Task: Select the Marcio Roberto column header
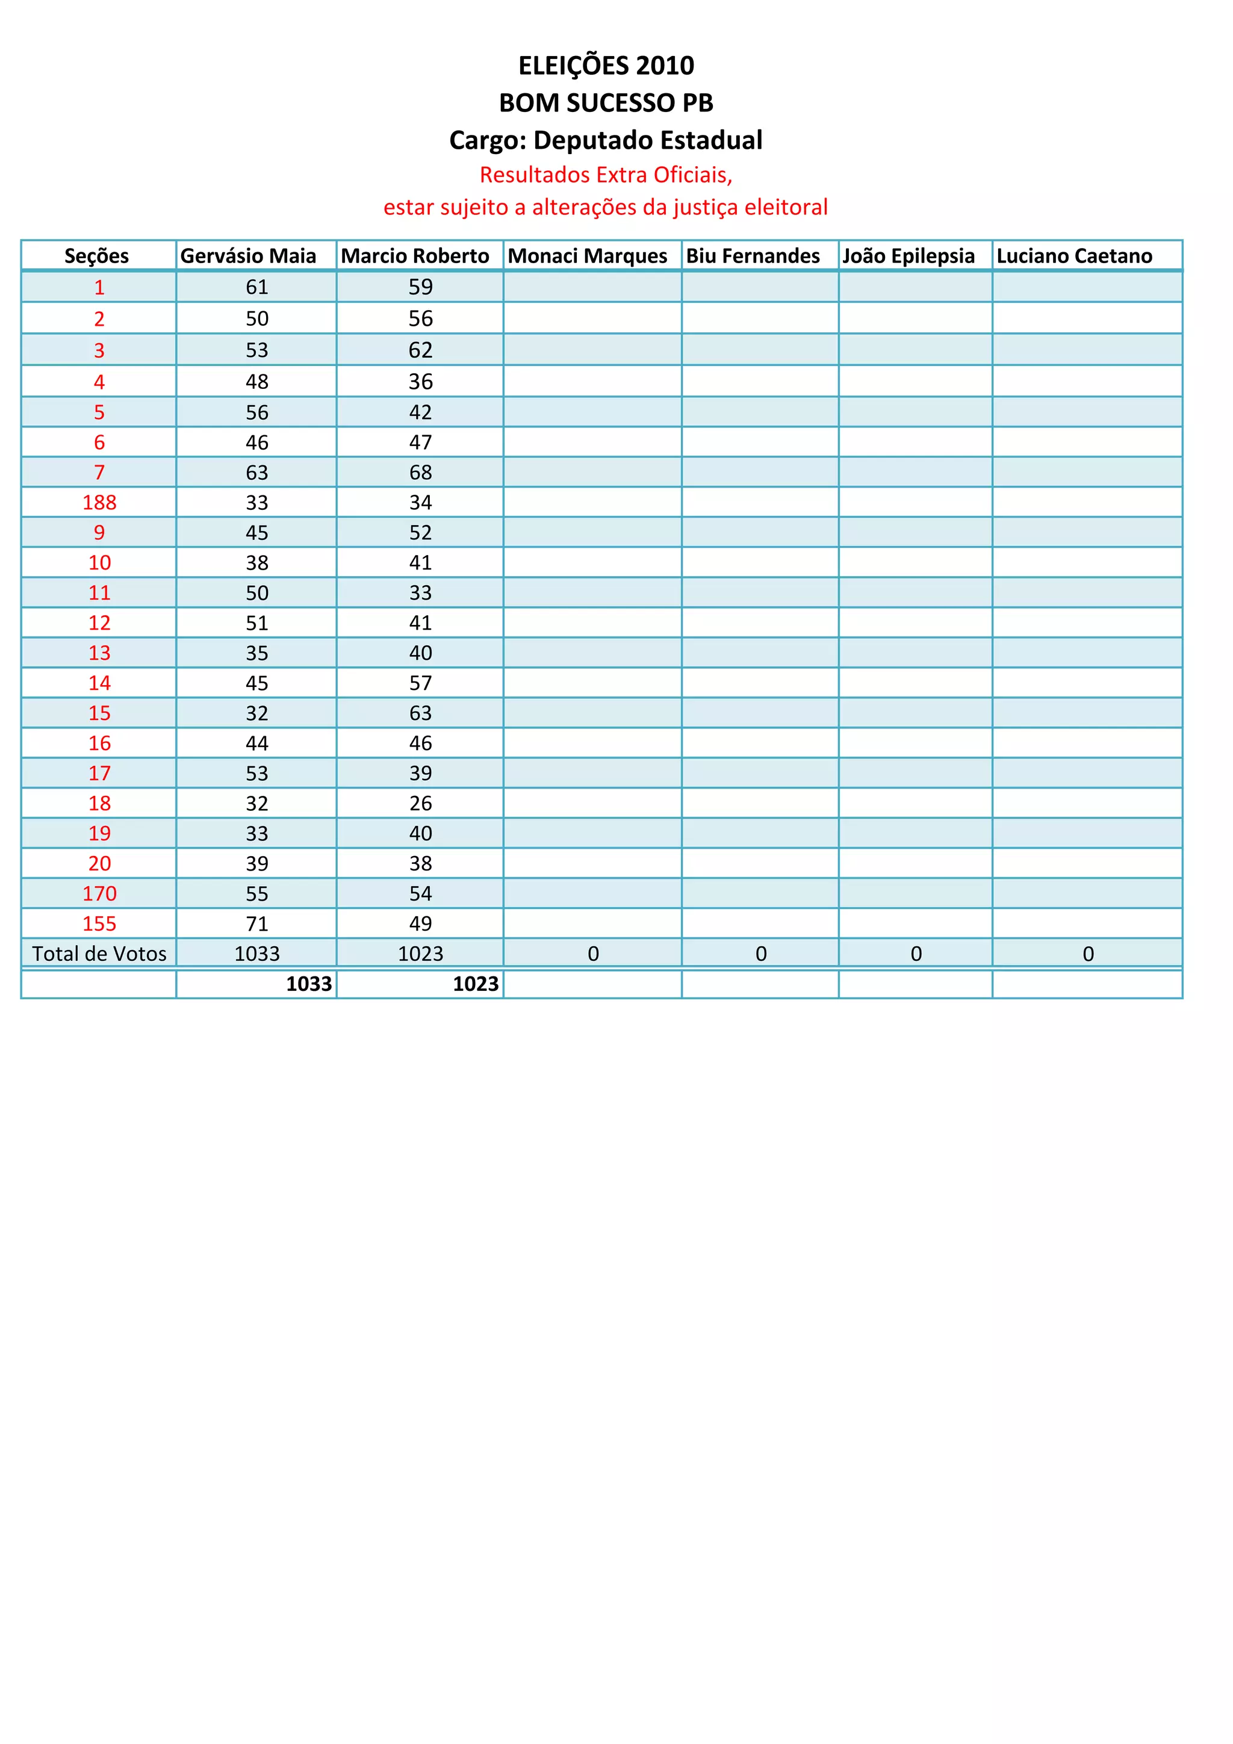point(415,256)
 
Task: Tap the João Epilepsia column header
point(908,256)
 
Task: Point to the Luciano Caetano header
point(1074,256)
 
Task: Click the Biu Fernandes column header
point(753,256)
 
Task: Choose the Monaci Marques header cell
point(587,256)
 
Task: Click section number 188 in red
point(99,502)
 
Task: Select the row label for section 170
point(99,893)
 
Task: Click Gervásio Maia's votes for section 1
point(257,287)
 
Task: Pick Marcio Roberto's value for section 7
point(420,473)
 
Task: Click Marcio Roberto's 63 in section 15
point(420,713)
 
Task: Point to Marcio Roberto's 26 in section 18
point(420,804)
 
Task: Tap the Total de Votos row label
point(99,954)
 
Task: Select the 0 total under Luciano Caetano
point(1088,954)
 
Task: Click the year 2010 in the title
point(665,66)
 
